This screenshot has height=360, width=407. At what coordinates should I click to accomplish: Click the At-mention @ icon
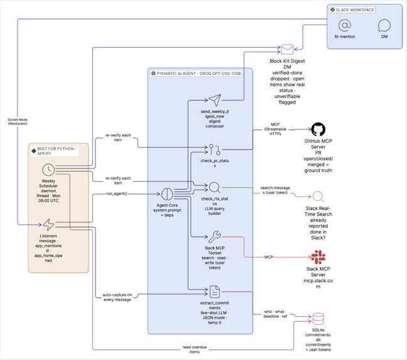click(x=344, y=25)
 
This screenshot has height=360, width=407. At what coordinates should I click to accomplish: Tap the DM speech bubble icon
click(x=384, y=25)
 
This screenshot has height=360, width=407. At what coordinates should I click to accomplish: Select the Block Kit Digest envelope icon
click(x=287, y=49)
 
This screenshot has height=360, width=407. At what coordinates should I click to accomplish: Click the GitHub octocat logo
click(x=318, y=129)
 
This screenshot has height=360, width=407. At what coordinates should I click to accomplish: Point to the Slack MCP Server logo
click(x=318, y=257)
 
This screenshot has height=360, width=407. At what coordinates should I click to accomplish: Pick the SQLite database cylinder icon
click(x=318, y=319)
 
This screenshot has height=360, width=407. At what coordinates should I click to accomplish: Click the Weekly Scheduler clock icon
click(x=48, y=170)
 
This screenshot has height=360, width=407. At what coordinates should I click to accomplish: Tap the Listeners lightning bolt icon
click(x=48, y=224)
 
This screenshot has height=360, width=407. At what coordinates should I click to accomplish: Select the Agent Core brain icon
click(x=167, y=194)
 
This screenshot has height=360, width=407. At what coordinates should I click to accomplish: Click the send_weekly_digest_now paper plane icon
click(x=215, y=100)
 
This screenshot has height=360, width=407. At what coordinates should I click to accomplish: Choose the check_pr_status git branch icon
click(x=215, y=150)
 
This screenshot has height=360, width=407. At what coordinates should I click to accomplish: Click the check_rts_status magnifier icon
click(x=215, y=187)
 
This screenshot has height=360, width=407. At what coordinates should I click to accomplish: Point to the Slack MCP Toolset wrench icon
click(x=215, y=236)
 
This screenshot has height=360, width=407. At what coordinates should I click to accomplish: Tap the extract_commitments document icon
click(x=215, y=292)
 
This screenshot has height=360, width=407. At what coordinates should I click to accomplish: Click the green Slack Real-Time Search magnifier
click(x=318, y=197)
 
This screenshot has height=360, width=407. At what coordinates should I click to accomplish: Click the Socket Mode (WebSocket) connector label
click(x=18, y=121)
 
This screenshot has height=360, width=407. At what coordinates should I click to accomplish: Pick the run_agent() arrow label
click(x=117, y=194)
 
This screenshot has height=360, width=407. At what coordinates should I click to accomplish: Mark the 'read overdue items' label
click(x=195, y=349)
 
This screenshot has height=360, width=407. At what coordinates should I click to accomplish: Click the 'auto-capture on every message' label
click(x=117, y=297)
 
